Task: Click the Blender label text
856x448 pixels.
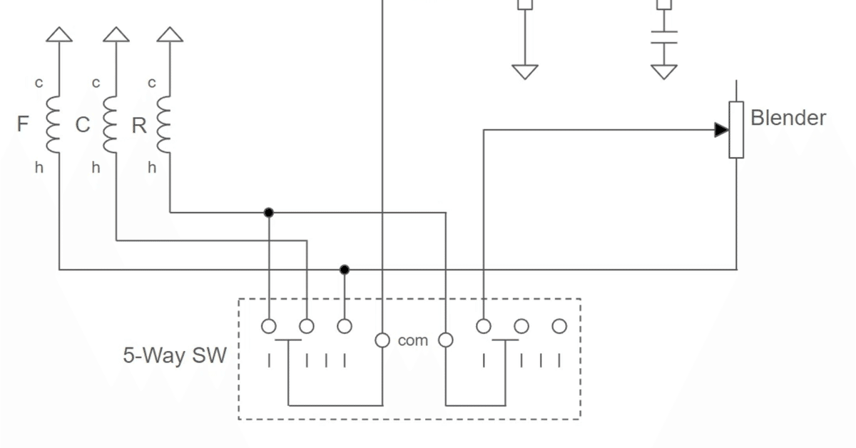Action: (x=788, y=118)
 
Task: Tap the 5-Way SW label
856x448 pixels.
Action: (x=175, y=355)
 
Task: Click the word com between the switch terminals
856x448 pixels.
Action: (x=412, y=341)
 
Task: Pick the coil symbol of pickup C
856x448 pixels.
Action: (x=111, y=125)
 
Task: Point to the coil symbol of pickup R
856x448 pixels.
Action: (x=165, y=125)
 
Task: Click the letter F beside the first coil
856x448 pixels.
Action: (x=23, y=125)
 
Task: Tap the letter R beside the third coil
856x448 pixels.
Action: (x=139, y=126)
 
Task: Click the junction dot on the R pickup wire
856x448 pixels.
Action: (x=269, y=213)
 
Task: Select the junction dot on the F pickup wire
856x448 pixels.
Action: (x=345, y=270)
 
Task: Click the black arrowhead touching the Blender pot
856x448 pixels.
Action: (x=721, y=130)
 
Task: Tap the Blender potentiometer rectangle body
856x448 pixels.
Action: (x=736, y=130)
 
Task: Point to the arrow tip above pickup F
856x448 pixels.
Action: (x=59, y=34)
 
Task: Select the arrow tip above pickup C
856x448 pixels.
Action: (x=116, y=34)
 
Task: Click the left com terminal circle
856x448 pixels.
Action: (x=382, y=340)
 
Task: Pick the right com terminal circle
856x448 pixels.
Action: (x=446, y=340)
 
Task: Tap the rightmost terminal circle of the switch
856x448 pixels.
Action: (x=559, y=327)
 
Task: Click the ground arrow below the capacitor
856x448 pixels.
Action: (x=664, y=71)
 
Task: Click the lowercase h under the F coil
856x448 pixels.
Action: (x=39, y=168)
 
